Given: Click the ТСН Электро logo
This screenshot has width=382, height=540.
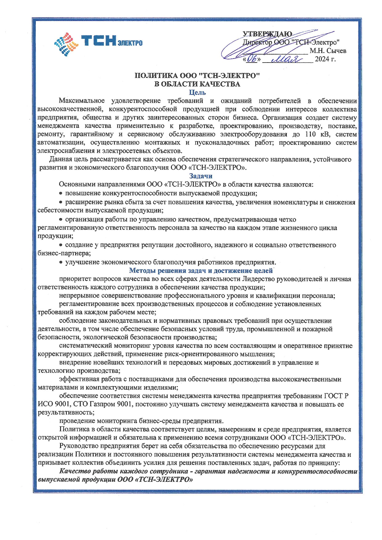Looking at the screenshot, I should click(98, 43).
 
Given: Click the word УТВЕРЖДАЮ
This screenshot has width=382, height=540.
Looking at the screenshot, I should click(267, 34).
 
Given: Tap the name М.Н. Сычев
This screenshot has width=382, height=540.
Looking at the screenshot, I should click(328, 51).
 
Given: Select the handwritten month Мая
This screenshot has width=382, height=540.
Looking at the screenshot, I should click(286, 59).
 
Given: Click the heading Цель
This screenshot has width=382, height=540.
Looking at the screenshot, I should click(197, 92).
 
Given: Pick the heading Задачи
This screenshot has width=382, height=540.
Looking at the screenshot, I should click(201, 176).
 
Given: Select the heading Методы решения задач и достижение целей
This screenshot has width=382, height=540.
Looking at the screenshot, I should click(201, 270).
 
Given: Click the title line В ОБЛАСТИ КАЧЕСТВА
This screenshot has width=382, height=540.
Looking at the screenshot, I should click(197, 84).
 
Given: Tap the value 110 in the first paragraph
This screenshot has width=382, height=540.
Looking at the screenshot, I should click(311, 134).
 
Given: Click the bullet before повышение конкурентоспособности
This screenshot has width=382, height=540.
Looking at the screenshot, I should click(61, 193).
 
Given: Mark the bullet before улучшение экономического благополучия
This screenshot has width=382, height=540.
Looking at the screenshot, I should click(61, 262).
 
